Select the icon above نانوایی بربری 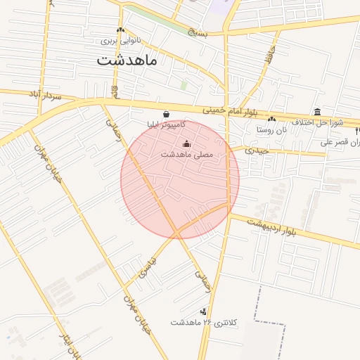121,30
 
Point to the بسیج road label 198,33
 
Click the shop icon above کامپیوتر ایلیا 166,114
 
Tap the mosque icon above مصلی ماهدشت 186,144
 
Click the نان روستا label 271,129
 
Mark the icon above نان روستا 271,119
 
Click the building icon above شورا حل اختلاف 318,112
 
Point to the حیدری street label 256,151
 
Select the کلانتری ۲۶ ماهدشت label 205,322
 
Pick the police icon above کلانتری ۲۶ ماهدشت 204,311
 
